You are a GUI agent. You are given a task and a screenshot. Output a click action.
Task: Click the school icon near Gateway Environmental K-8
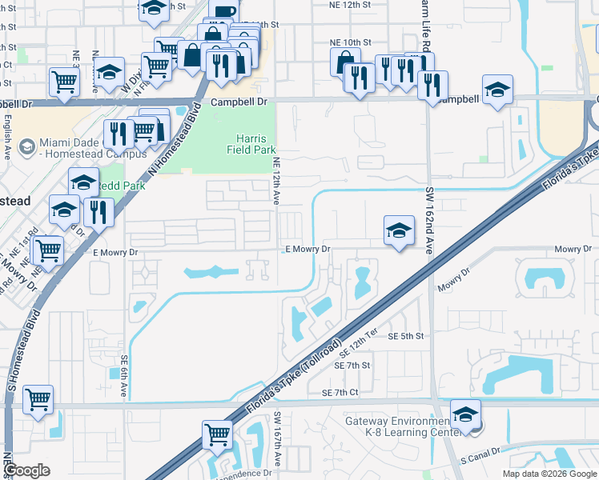click(x=465, y=415)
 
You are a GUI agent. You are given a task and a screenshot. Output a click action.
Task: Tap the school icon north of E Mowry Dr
click(x=399, y=231)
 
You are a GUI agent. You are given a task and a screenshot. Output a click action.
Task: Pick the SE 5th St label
click(x=405, y=337)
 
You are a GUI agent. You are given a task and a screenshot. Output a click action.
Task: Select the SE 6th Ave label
click(x=125, y=376)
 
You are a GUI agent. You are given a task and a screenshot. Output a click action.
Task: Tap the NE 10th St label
click(x=351, y=42)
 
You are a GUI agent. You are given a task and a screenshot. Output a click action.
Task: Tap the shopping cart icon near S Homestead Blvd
click(x=38, y=401)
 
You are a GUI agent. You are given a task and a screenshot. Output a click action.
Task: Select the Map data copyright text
click(x=549, y=474)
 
